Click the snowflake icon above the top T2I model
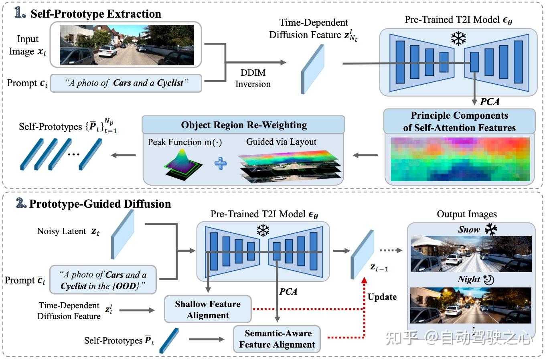(x=458, y=38)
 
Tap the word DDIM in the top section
(x=253, y=73)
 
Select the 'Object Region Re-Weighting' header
(x=243, y=125)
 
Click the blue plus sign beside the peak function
(x=221, y=164)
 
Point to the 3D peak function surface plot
(x=183, y=164)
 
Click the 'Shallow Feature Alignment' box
(x=208, y=309)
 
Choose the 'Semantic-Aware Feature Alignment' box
(x=277, y=339)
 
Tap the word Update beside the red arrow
(x=382, y=297)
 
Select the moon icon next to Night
(x=489, y=280)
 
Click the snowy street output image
(x=471, y=254)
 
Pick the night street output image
(x=471, y=305)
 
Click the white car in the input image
(x=107, y=51)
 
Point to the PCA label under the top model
(x=489, y=102)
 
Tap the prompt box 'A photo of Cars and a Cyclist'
(x=126, y=83)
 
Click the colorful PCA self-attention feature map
(x=460, y=159)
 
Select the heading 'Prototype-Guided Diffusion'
(x=100, y=204)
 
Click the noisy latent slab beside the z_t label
(x=122, y=234)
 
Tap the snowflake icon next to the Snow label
(x=491, y=229)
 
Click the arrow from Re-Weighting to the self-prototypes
(x=124, y=155)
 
